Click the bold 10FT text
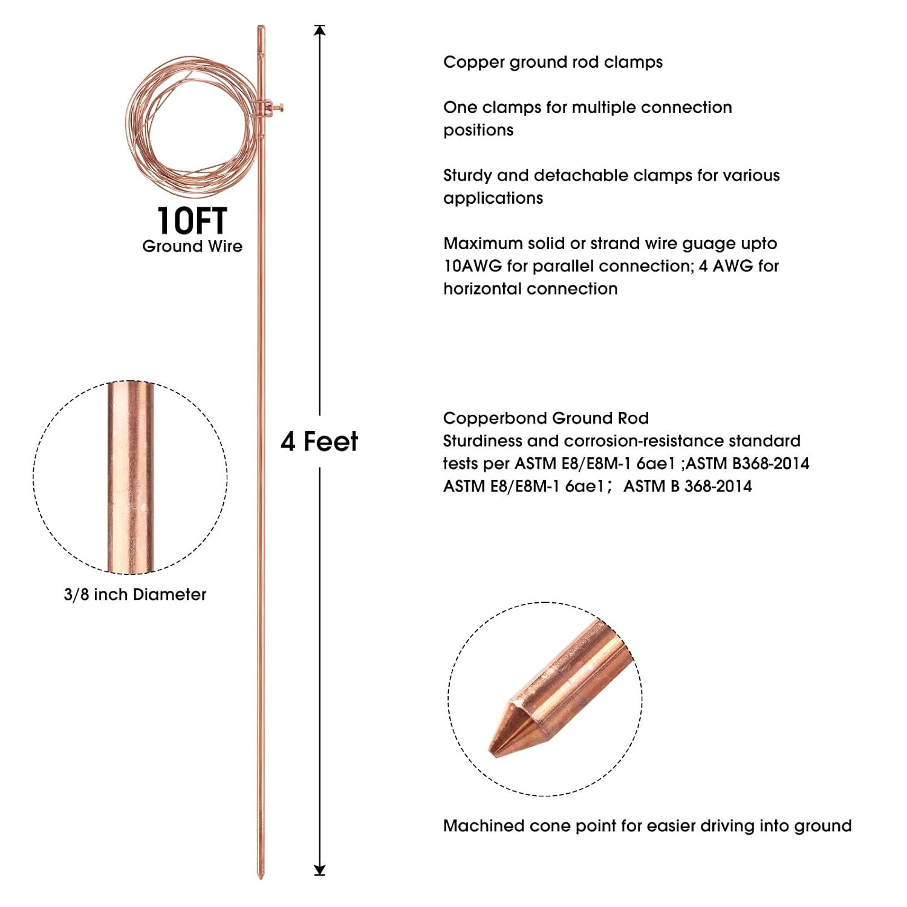(x=192, y=221)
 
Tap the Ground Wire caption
(x=192, y=246)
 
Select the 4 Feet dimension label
(x=319, y=441)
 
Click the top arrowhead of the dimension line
(x=320, y=30)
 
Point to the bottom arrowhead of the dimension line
(x=320, y=870)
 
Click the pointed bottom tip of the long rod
(x=261, y=876)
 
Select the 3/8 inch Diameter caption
(x=135, y=594)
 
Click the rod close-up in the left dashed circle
(x=131, y=478)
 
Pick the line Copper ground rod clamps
(x=553, y=62)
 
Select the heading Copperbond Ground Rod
(x=546, y=418)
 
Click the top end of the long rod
(x=261, y=27)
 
